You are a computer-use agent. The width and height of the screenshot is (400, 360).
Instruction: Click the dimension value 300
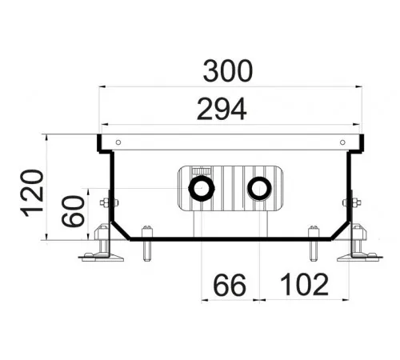click(x=227, y=71)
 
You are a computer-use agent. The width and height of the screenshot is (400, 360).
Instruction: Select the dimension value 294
click(x=222, y=109)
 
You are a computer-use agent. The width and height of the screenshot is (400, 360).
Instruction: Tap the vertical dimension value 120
click(x=32, y=193)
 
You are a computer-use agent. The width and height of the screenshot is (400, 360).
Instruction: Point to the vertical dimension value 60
click(x=73, y=211)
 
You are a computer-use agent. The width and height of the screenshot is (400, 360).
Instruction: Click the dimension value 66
click(x=230, y=285)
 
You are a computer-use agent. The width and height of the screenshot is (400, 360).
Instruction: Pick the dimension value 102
click(x=305, y=285)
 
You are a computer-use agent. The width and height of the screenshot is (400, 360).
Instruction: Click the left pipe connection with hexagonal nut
click(x=202, y=188)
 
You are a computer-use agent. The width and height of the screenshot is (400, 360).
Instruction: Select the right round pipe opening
click(x=259, y=188)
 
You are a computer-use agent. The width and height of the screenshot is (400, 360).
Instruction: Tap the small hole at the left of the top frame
click(x=118, y=142)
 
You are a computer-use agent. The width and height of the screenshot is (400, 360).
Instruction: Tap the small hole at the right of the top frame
click(x=342, y=142)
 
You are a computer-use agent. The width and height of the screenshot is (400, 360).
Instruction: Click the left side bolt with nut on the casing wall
click(x=109, y=202)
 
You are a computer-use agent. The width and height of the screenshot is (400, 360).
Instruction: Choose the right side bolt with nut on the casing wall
click(x=352, y=202)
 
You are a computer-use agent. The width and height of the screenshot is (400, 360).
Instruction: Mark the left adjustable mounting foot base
click(x=102, y=258)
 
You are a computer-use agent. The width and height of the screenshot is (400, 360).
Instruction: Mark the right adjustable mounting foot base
click(x=360, y=258)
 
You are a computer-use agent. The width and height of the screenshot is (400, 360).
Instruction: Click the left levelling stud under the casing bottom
click(x=147, y=243)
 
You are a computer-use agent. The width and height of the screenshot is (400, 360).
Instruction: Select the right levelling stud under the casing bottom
click(x=314, y=243)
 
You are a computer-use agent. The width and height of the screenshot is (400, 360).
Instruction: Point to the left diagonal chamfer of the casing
click(x=120, y=231)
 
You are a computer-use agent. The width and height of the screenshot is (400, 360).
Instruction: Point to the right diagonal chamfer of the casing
click(x=340, y=231)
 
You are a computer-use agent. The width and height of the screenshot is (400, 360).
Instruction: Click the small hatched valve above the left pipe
click(x=202, y=171)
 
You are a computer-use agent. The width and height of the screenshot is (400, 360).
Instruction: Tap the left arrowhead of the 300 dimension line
click(x=102, y=86)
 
